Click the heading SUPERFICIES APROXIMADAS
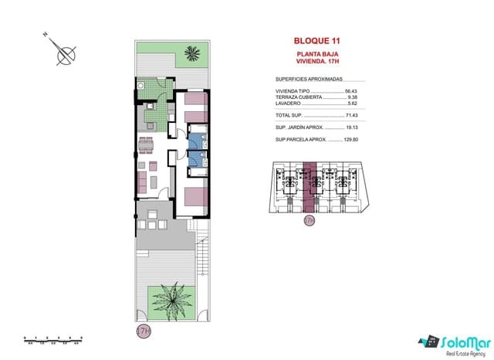[309, 79]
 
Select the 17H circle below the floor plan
[143, 331]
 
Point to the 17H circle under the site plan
[310, 220]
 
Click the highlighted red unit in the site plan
[310, 185]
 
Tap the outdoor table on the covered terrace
[154, 224]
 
